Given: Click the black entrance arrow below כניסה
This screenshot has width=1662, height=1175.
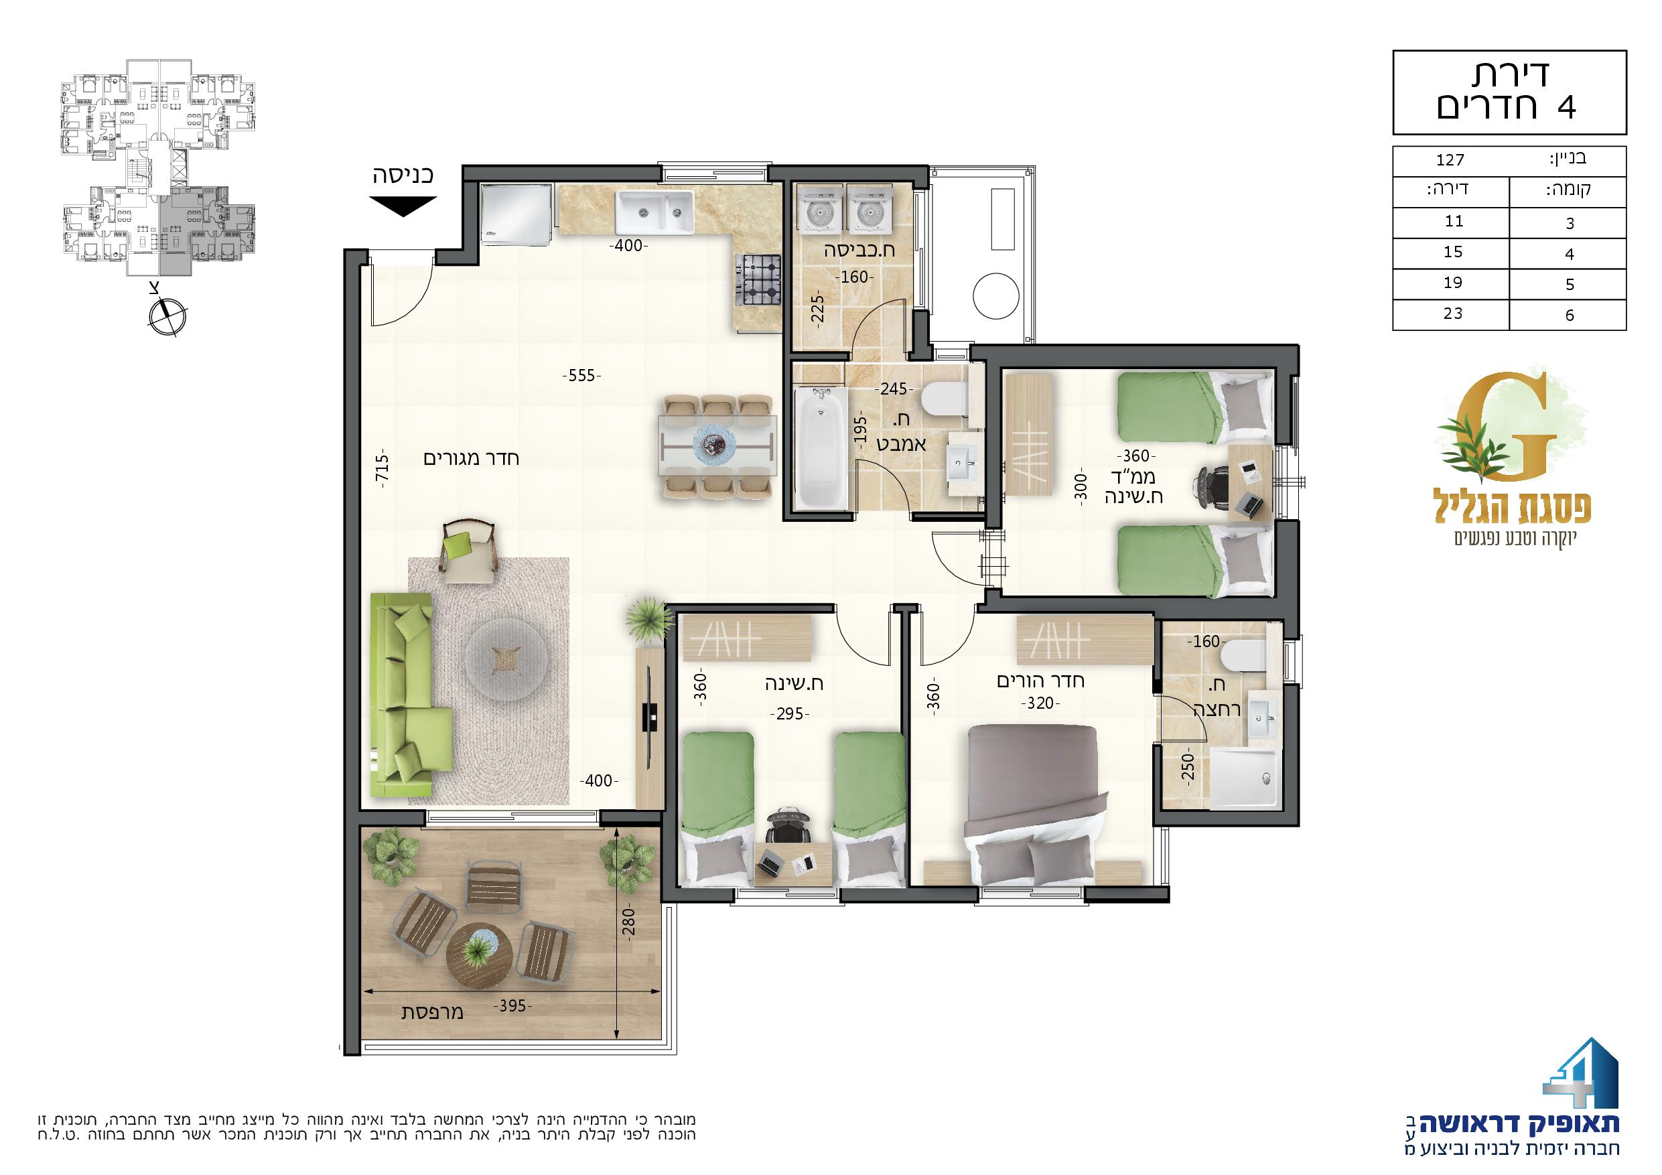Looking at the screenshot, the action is point(405,207).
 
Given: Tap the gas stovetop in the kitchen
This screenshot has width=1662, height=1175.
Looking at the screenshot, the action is point(758,280).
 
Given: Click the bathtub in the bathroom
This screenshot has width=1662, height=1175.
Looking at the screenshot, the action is point(821,448).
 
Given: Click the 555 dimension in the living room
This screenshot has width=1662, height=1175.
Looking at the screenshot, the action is point(582,376).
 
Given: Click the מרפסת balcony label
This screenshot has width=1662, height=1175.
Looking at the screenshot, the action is point(432,1013).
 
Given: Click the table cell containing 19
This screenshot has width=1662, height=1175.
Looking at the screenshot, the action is point(1452,283).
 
